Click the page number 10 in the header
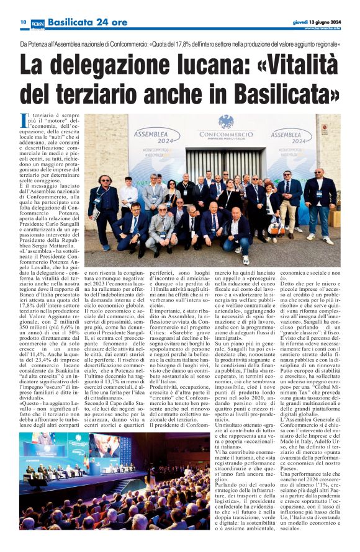(x=23, y=22)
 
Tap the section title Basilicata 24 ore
(x=79, y=22)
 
